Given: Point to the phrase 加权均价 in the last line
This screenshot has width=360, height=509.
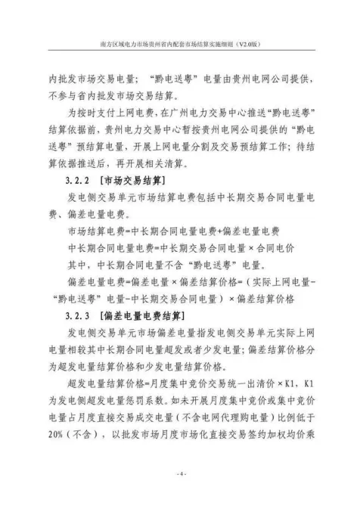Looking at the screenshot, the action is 287,435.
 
